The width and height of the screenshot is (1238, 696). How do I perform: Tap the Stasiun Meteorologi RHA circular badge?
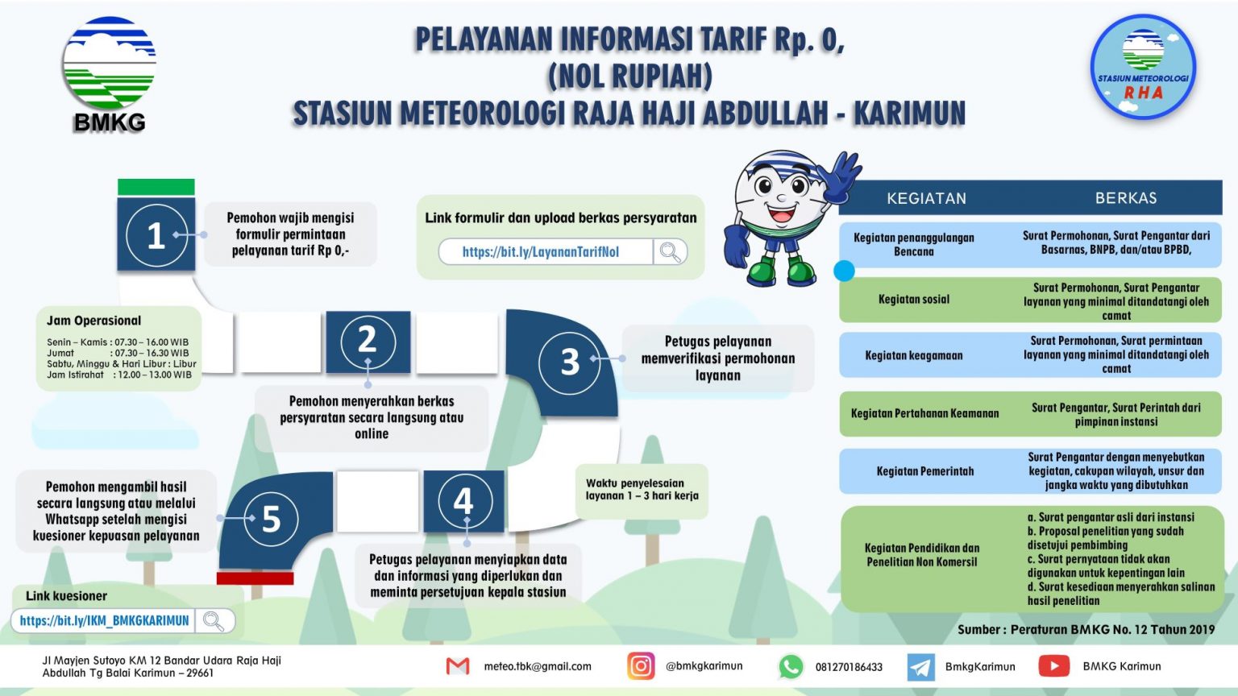pyautogui.click(x=1143, y=68)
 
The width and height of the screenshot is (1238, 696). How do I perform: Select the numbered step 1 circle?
pyautogui.click(x=156, y=235)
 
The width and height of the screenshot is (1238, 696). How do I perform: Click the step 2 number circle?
pyautogui.click(x=367, y=340)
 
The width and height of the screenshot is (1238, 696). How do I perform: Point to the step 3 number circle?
pyautogui.click(x=569, y=362)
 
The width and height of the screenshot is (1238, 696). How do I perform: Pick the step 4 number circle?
pyautogui.click(x=463, y=501)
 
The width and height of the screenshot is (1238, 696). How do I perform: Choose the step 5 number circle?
pyautogui.click(x=271, y=519)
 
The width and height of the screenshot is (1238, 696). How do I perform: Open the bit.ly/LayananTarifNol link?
pyautogui.click(x=540, y=252)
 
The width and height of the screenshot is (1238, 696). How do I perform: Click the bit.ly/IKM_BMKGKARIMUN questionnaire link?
pyautogui.click(x=104, y=621)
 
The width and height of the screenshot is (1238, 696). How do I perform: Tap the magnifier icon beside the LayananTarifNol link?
pyautogui.click(x=670, y=252)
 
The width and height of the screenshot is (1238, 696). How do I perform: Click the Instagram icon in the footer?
pyautogui.click(x=641, y=666)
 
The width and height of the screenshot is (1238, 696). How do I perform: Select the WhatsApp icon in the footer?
pyautogui.click(x=790, y=666)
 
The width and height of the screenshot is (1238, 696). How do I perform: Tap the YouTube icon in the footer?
pyautogui.click(x=1053, y=666)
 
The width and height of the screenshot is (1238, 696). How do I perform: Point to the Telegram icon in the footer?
pyautogui.click(x=920, y=667)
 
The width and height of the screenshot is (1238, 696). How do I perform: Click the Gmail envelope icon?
pyautogui.click(x=458, y=666)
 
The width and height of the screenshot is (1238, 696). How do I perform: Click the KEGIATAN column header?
pyautogui.click(x=926, y=198)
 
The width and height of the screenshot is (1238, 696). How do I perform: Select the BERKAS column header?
pyautogui.click(x=1125, y=198)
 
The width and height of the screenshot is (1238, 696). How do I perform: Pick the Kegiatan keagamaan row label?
pyautogui.click(x=913, y=355)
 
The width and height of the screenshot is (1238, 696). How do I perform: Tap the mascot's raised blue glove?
pyautogui.click(x=840, y=176)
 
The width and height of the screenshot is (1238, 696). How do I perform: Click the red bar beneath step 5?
pyautogui.click(x=255, y=578)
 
